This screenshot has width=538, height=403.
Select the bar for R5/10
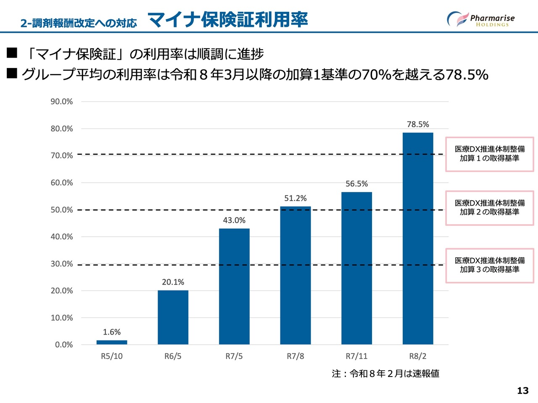tap(112, 342)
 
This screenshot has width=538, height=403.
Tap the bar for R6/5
tap(173, 317)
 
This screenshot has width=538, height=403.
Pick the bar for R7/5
tap(234, 286)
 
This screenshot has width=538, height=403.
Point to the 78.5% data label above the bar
tap(418, 124)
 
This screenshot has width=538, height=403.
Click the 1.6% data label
tap(112, 332)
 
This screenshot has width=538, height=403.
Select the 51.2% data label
tap(295, 198)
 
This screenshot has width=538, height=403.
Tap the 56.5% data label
tap(356, 184)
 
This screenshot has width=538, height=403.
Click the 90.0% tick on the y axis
tap(62, 102)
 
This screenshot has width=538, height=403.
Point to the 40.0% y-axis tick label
tap(62, 237)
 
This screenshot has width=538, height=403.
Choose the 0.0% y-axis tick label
tap(64, 345)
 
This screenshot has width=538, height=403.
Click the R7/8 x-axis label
tap(295, 356)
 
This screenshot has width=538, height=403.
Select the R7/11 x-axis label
tap(356, 356)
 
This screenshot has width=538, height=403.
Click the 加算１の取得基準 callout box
tap(489, 154)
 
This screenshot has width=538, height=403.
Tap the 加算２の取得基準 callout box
tap(489, 208)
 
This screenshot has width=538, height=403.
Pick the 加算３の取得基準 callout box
tap(489, 265)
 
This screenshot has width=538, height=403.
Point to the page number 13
tap(522, 391)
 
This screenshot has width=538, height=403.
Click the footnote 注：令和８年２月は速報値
tap(385, 374)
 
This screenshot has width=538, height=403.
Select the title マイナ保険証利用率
tap(228, 20)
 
